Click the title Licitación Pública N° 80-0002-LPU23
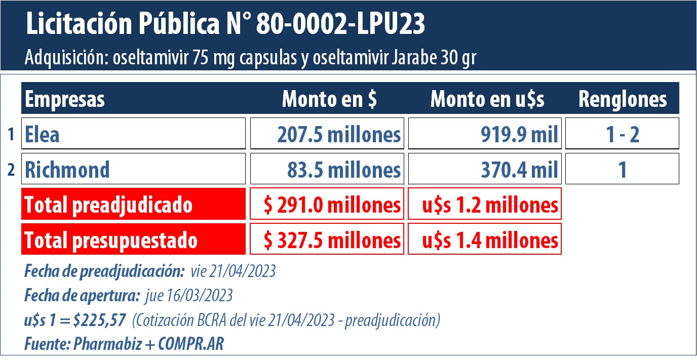click(225, 25)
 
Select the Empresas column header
click(65, 99)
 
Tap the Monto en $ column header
click(329, 99)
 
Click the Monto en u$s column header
click(487, 99)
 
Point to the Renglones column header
click(623, 99)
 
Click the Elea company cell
click(134, 134)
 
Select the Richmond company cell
click(134, 169)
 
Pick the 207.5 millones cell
click(327, 134)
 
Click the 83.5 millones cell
click(327, 169)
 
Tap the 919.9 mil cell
click(485, 134)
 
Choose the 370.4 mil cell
click(485, 169)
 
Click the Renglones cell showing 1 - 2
click(622, 134)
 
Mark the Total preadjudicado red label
click(134, 205)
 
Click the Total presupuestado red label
click(134, 239)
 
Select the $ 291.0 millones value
click(327, 205)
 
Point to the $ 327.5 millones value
click(327, 239)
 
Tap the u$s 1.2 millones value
click(485, 205)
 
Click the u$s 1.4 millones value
click(485, 239)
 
